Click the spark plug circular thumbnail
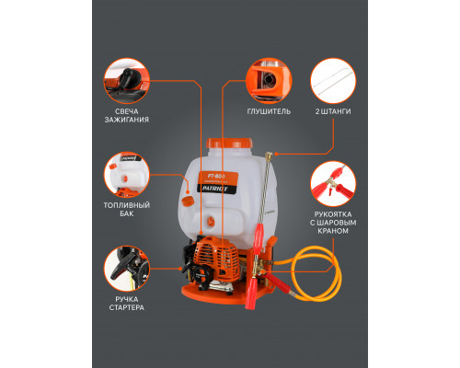point(127,81)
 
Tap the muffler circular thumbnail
point(269,81)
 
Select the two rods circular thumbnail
point(333,81)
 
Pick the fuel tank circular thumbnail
point(127,175)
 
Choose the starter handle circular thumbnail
point(127,269)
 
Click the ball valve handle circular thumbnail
point(333,184)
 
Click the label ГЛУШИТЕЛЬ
point(269,111)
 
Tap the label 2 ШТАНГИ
point(333,111)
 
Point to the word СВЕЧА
point(127,111)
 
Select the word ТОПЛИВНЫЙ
point(127,205)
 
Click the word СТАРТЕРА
point(127,307)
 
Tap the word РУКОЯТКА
point(333,214)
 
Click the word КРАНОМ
point(333,231)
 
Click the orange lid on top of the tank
point(229,144)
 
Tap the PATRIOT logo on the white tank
point(214,189)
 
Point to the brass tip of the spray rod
point(269,155)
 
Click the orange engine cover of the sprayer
point(218,258)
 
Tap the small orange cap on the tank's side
point(187,201)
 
